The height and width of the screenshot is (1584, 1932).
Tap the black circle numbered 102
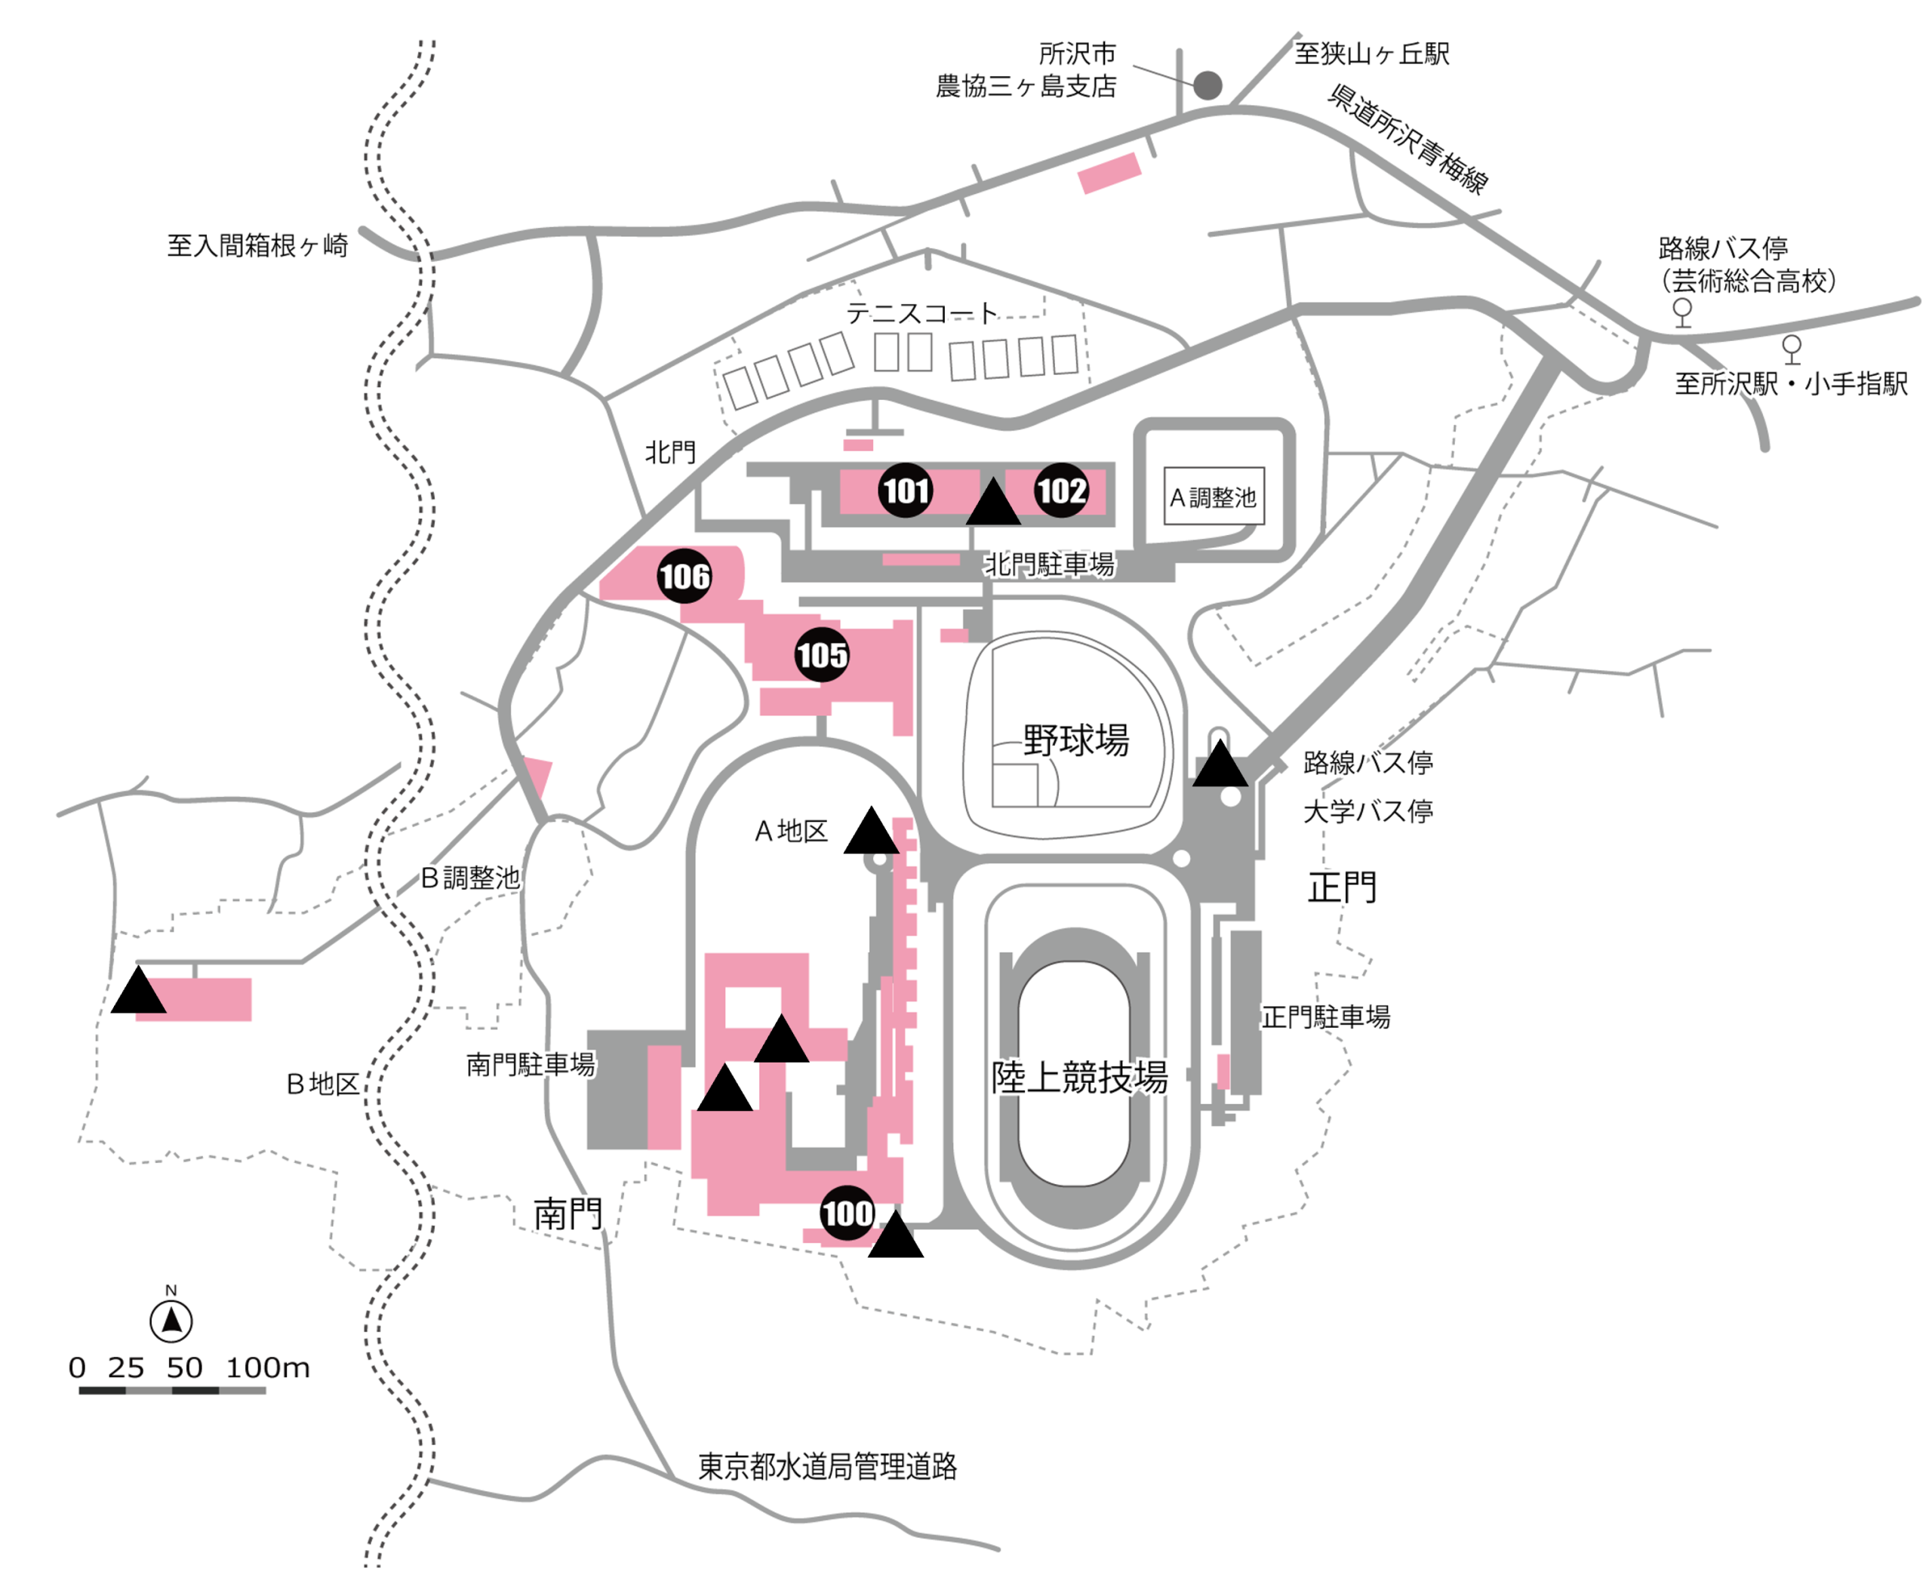tap(1060, 491)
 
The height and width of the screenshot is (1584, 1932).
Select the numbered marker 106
tap(685, 577)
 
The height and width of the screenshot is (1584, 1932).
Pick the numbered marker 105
tap(821, 654)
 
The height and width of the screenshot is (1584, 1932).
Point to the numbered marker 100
tap(847, 1213)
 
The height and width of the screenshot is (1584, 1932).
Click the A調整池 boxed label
tap(1214, 497)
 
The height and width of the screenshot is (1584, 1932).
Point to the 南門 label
tap(568, 1213)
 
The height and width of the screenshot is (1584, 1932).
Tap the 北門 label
tap(670, 452)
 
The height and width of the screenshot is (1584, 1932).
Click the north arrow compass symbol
tap(171, 1321)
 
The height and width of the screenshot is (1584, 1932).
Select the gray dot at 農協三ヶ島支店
tap(1207, 86)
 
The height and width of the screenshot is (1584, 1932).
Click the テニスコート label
tap(921, 313)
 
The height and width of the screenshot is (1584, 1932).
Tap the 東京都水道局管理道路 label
tap(827, 1466)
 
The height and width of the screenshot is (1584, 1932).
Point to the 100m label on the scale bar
tap(267, 1367)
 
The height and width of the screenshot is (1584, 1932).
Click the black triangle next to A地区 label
tap(871, 833)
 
